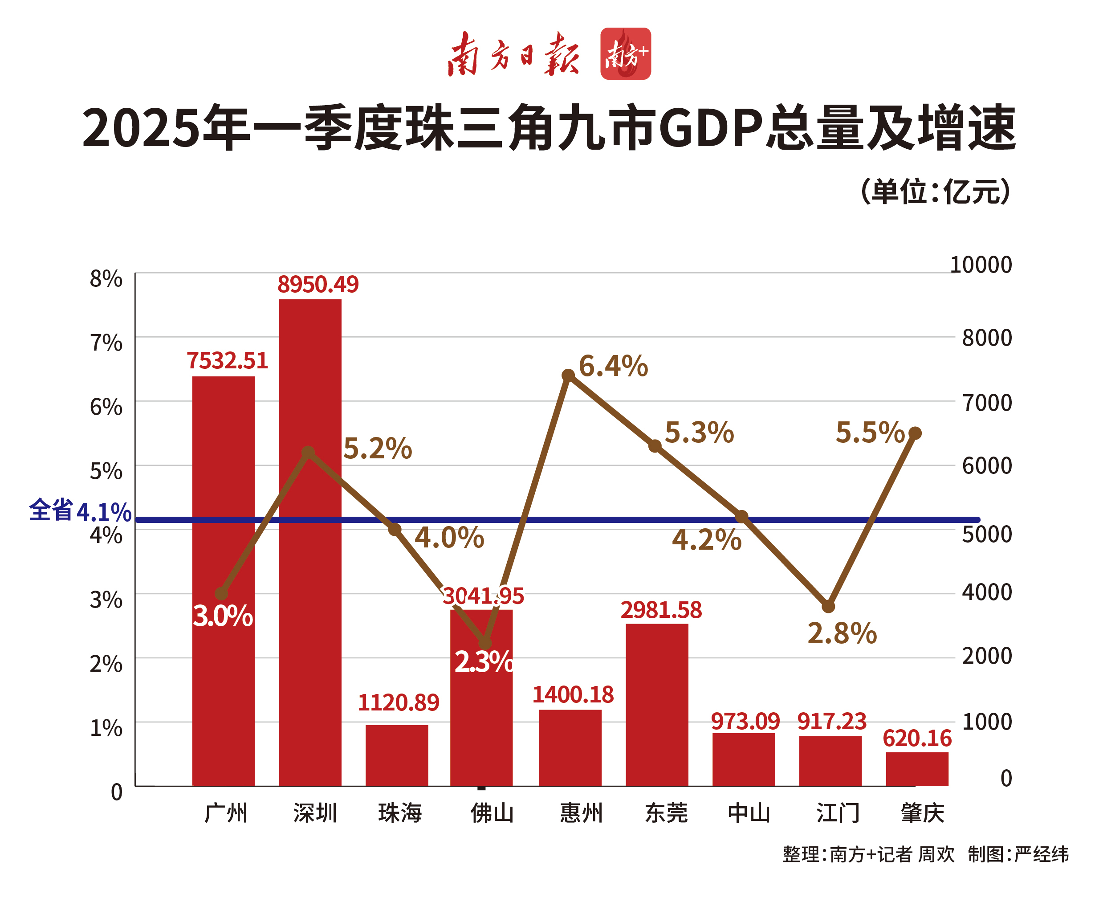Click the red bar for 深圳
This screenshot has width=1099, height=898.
(x=310, y=543)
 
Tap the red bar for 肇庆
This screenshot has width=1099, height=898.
(x=917, y=769)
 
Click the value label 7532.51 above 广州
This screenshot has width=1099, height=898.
(x=227, y=360)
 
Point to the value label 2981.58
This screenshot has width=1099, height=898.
(x=661, y=610)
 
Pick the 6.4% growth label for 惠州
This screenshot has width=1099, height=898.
(x=613, y=366)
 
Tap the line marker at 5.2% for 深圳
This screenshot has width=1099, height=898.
(x=308, y=453)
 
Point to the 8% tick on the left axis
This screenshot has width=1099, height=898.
(x=106, y=279)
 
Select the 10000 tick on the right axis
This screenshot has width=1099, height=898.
(x=981, y=265)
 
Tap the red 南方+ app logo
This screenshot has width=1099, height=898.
(x=625, y=54)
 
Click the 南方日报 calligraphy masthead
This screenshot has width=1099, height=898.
(x=513, y=54)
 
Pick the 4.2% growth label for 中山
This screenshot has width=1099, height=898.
(x=706, y=540)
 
